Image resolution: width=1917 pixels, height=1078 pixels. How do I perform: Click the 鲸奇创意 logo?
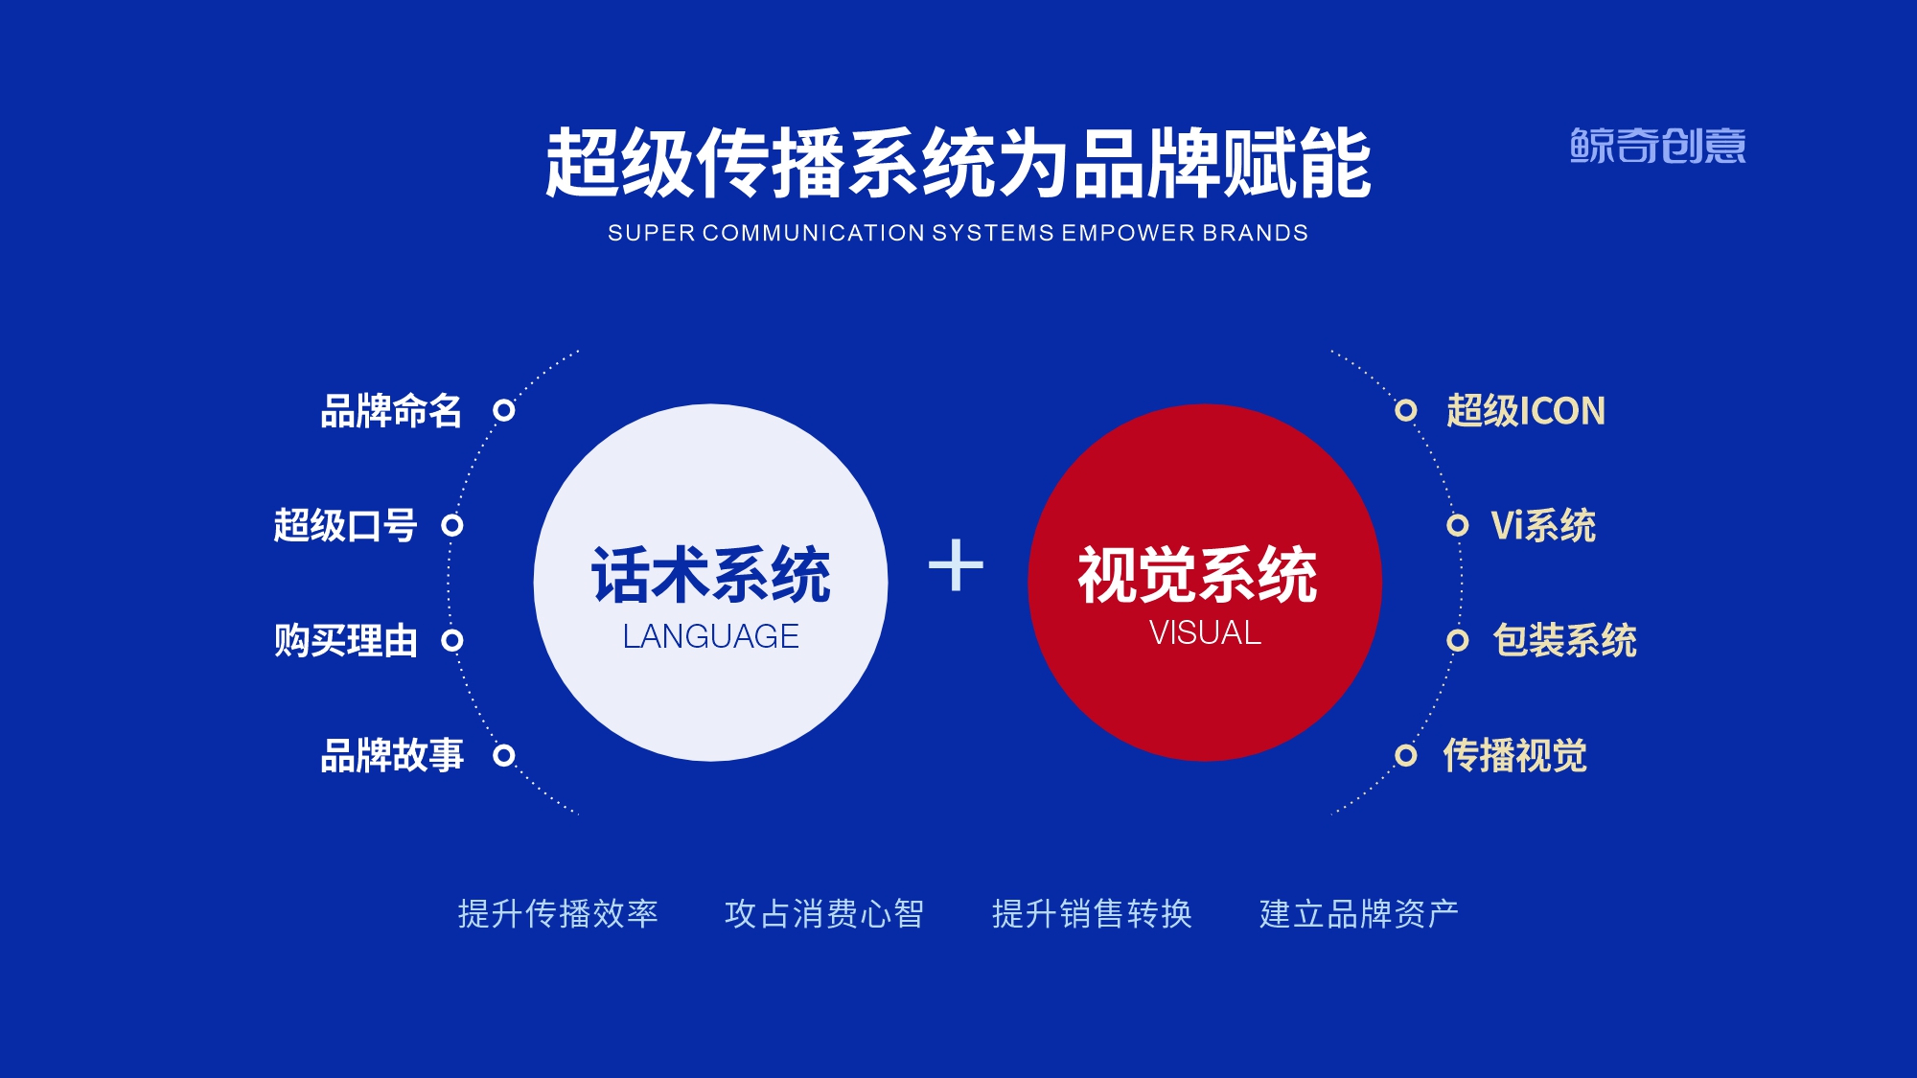(1657, 146)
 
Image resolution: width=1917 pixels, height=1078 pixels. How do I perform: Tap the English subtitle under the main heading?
(958, 233)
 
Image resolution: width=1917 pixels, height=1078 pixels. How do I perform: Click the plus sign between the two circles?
(956, 565)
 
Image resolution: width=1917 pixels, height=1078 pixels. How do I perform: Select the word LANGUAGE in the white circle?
(710, 636)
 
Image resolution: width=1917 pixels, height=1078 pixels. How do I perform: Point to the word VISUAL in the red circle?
(1205, 632)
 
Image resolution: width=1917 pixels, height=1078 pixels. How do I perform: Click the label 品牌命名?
(391, 411)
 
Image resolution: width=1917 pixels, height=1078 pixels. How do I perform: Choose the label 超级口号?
(345, 525)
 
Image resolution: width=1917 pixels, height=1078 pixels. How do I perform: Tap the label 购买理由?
(345, 640)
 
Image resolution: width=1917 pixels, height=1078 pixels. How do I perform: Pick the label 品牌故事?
(391, 755)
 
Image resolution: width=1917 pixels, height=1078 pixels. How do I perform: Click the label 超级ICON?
(1525, 411)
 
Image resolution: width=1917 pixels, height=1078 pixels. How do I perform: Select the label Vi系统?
(1543, 525)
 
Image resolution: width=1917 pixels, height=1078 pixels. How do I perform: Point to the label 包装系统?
(1564, 640)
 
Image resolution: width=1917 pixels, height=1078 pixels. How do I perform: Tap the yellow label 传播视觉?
(1514, 755)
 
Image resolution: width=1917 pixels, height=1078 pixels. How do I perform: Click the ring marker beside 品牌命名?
(504, 410)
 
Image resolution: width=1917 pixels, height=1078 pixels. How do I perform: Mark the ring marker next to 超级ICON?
(1406, 410)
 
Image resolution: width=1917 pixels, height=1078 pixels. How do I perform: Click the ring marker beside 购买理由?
(452, 640)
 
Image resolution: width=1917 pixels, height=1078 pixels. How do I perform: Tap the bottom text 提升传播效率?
(558, 913)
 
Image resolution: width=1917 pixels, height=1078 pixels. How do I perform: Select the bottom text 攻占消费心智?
(824, 913)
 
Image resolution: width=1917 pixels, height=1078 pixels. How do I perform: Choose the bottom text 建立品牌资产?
(1359, 913)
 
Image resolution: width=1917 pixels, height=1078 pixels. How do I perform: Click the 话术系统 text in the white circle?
(710, 575)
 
